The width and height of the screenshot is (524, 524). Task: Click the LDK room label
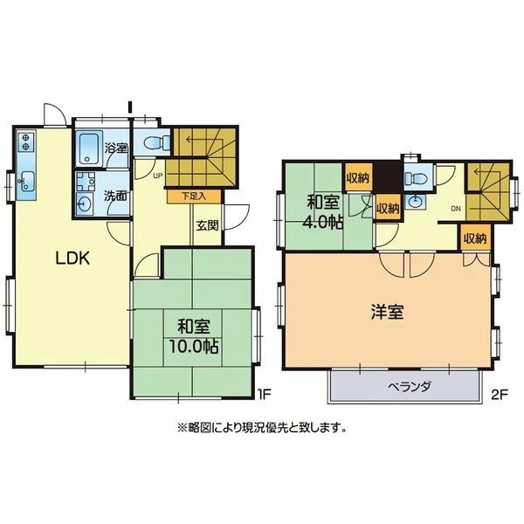72,258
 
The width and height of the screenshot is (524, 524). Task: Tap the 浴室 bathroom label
116,148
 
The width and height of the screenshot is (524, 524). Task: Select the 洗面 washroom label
115,196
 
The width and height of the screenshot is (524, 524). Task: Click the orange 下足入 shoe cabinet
194,196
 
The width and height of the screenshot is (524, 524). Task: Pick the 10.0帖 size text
194,347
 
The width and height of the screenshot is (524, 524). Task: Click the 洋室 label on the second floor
387,312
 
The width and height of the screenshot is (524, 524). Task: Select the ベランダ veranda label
409,387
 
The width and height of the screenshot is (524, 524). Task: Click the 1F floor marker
264,395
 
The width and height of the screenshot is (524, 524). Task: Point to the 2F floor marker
500,396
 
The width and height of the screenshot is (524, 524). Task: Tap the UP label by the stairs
157,175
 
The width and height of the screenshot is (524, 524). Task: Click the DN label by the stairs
456,209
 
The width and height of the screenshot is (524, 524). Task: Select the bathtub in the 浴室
89,148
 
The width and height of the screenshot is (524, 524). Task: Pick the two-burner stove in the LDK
25,141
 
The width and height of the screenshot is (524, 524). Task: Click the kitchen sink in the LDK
27,181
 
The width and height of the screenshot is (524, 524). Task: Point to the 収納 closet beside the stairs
475,238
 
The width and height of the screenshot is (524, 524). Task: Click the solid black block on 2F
388,177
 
